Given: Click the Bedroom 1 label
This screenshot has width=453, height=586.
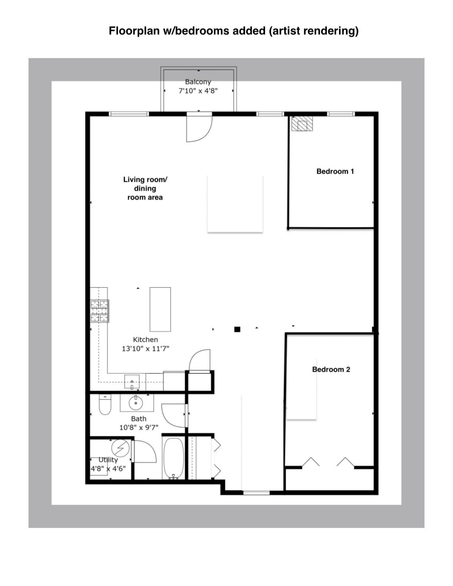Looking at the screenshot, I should click(x=335, y=171).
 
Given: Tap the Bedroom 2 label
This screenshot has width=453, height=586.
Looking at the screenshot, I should click(x=331, y=369).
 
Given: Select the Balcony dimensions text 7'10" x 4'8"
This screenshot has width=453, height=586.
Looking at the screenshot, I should click(x=198, y=91).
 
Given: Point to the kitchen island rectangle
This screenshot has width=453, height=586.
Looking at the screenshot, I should click(x=160, y=309).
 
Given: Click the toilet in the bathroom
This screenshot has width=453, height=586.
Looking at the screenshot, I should click(x=105, y=405).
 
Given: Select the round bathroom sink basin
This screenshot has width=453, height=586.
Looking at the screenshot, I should click(x=136, y=403).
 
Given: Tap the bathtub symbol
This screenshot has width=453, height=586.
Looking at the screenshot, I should click(x=173, y=458).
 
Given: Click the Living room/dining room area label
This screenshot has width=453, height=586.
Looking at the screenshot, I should click(x=145, y=188).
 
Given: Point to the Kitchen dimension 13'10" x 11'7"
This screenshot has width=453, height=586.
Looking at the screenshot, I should click(x=145, y=348).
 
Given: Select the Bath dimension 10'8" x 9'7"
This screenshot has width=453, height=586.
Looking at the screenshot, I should click(x=139, y=428).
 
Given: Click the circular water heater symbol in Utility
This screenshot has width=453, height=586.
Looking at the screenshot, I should click(x=121, y=448).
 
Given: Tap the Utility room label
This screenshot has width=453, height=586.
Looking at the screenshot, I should click(x=108, y=459).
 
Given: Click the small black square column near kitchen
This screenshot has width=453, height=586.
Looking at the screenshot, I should click(x=237, y=329).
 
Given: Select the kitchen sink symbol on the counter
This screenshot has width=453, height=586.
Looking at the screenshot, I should click(x=132, y=382).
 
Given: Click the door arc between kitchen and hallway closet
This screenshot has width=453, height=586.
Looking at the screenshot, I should click(x=200, y=360).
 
